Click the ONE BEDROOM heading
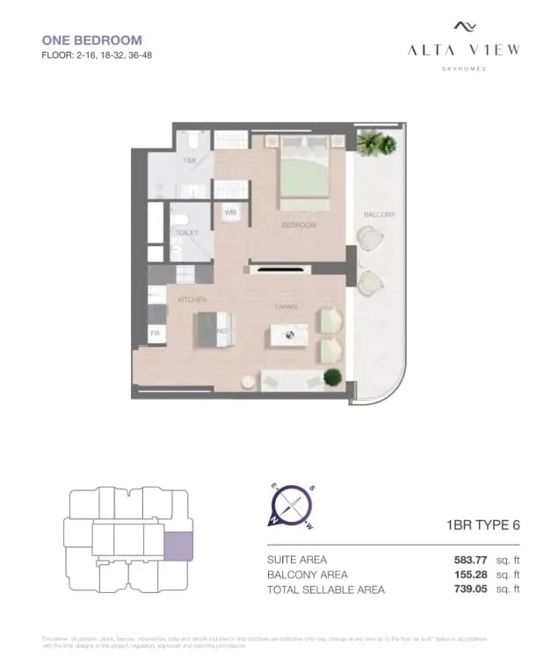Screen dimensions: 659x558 (92, 40)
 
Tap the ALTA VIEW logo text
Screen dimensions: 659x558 (463, 50)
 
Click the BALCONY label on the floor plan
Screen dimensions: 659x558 (380, 214)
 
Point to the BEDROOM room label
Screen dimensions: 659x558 (299, 226)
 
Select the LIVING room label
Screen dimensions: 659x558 (286, 307)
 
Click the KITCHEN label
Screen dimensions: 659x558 (192, 301)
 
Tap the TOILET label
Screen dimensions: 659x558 (186, 233)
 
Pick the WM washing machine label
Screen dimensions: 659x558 (230, 213)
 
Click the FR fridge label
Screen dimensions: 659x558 (155, 333)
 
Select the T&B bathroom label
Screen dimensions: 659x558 (189, 162)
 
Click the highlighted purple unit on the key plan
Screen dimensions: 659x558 (178, 545)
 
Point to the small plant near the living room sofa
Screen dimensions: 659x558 (333, 377)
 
